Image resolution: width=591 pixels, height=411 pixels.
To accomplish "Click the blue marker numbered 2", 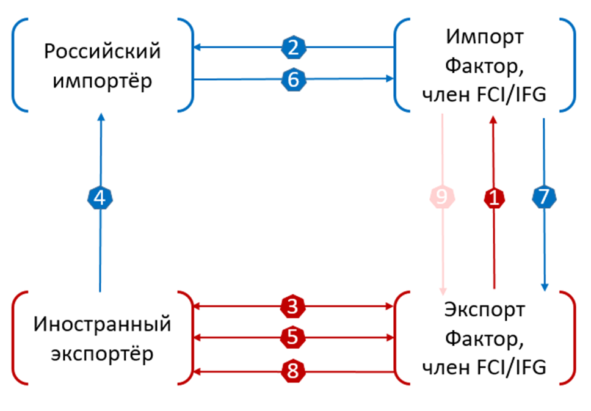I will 294,47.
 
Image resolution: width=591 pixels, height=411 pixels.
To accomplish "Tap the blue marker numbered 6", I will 294,78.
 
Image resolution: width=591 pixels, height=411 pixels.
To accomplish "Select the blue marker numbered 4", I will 101,198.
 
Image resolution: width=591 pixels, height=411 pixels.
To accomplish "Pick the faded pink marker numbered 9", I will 441,198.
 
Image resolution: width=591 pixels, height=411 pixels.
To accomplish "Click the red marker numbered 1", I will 494,198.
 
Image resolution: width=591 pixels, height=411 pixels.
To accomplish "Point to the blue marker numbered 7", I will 543,198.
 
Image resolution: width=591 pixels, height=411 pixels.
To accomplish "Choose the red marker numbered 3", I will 294,307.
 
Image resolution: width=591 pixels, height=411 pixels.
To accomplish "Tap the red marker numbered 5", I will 294,337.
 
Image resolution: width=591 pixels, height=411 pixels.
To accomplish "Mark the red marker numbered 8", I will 294,370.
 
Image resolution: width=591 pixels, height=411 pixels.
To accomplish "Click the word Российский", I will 102,51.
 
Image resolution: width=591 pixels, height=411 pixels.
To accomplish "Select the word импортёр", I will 102,81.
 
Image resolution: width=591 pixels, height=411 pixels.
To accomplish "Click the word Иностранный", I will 102,324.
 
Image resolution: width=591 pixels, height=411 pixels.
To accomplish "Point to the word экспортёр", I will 102,354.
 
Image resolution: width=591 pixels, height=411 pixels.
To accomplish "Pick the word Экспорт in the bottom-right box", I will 484,308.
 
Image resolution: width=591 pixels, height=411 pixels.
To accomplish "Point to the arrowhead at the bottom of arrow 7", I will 543,286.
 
